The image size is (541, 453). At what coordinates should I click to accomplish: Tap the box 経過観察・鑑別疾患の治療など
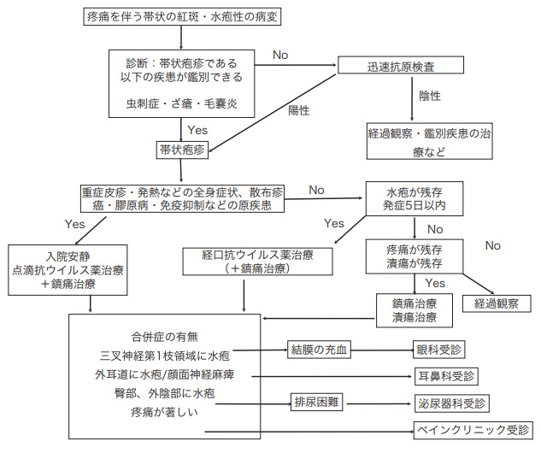(x=429, y=141)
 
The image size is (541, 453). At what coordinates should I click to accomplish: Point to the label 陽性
(x=298, y=111)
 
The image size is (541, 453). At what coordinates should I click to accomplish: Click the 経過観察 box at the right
(x=497, y=303)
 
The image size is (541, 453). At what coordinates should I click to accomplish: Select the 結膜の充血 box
(x=320, y=350)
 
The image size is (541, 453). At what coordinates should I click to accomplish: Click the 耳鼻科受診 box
(x=445, y=375)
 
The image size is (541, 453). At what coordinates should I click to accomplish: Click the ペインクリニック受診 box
(x=473, y=429)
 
